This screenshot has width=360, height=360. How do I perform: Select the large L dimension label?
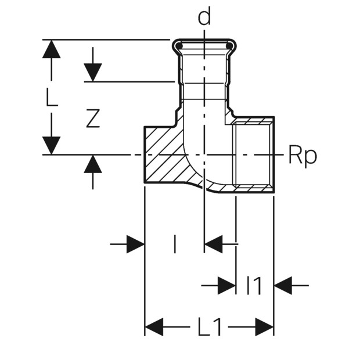(x=52, y=97)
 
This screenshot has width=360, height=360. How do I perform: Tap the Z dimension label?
(x=93, y=118)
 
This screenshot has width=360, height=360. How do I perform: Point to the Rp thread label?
(x=303, y=156)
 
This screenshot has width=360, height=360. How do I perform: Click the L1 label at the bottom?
(x=210, y=326)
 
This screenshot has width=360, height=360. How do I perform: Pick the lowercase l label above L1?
(x=175, y=244)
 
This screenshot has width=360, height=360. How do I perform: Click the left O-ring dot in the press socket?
(x=179, y=46)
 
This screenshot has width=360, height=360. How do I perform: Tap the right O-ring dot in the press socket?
(x=229, y=46)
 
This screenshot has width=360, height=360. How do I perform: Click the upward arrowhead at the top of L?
(x=52, y=49)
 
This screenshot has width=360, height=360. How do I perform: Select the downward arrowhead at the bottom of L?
(x=52, y=146)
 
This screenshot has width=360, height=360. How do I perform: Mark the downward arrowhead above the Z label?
(x=93, y=73)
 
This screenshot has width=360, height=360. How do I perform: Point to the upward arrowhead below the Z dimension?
(x=93, y=164)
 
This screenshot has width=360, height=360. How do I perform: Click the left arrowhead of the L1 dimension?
(x=154, y=327)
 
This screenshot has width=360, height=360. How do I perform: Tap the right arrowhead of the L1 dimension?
(x=264, y=327)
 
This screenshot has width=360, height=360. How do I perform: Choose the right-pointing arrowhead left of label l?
(x=135, y=244)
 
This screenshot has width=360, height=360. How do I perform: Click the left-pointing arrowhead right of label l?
(x=214, y=244)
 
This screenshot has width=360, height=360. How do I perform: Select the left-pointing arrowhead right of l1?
(x=283, y=286)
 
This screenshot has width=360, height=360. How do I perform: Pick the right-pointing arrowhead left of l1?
(x=226, y=286)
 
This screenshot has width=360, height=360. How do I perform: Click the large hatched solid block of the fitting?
(x=163, y=156)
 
